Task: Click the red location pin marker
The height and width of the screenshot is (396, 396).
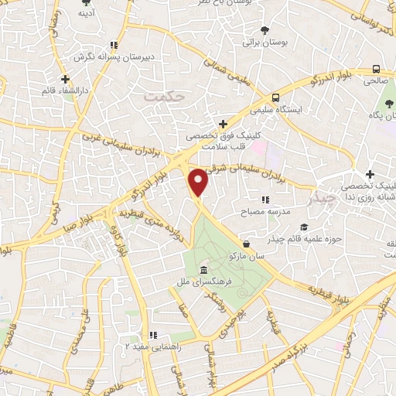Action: (199, 182)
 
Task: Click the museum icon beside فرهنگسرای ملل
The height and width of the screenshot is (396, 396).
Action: (203, 270)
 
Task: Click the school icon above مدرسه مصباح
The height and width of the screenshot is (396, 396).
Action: (265, 200)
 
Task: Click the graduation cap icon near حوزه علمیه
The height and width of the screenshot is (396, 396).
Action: (304, 227)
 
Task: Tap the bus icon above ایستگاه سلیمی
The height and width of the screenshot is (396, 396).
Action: (276, 97)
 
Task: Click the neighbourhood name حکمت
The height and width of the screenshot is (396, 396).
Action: (160, 97)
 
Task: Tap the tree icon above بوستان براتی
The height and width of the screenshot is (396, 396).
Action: (266, 29)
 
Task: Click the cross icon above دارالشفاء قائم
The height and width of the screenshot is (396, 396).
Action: (66, 78)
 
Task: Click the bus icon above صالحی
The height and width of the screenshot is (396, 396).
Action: (376, 67)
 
